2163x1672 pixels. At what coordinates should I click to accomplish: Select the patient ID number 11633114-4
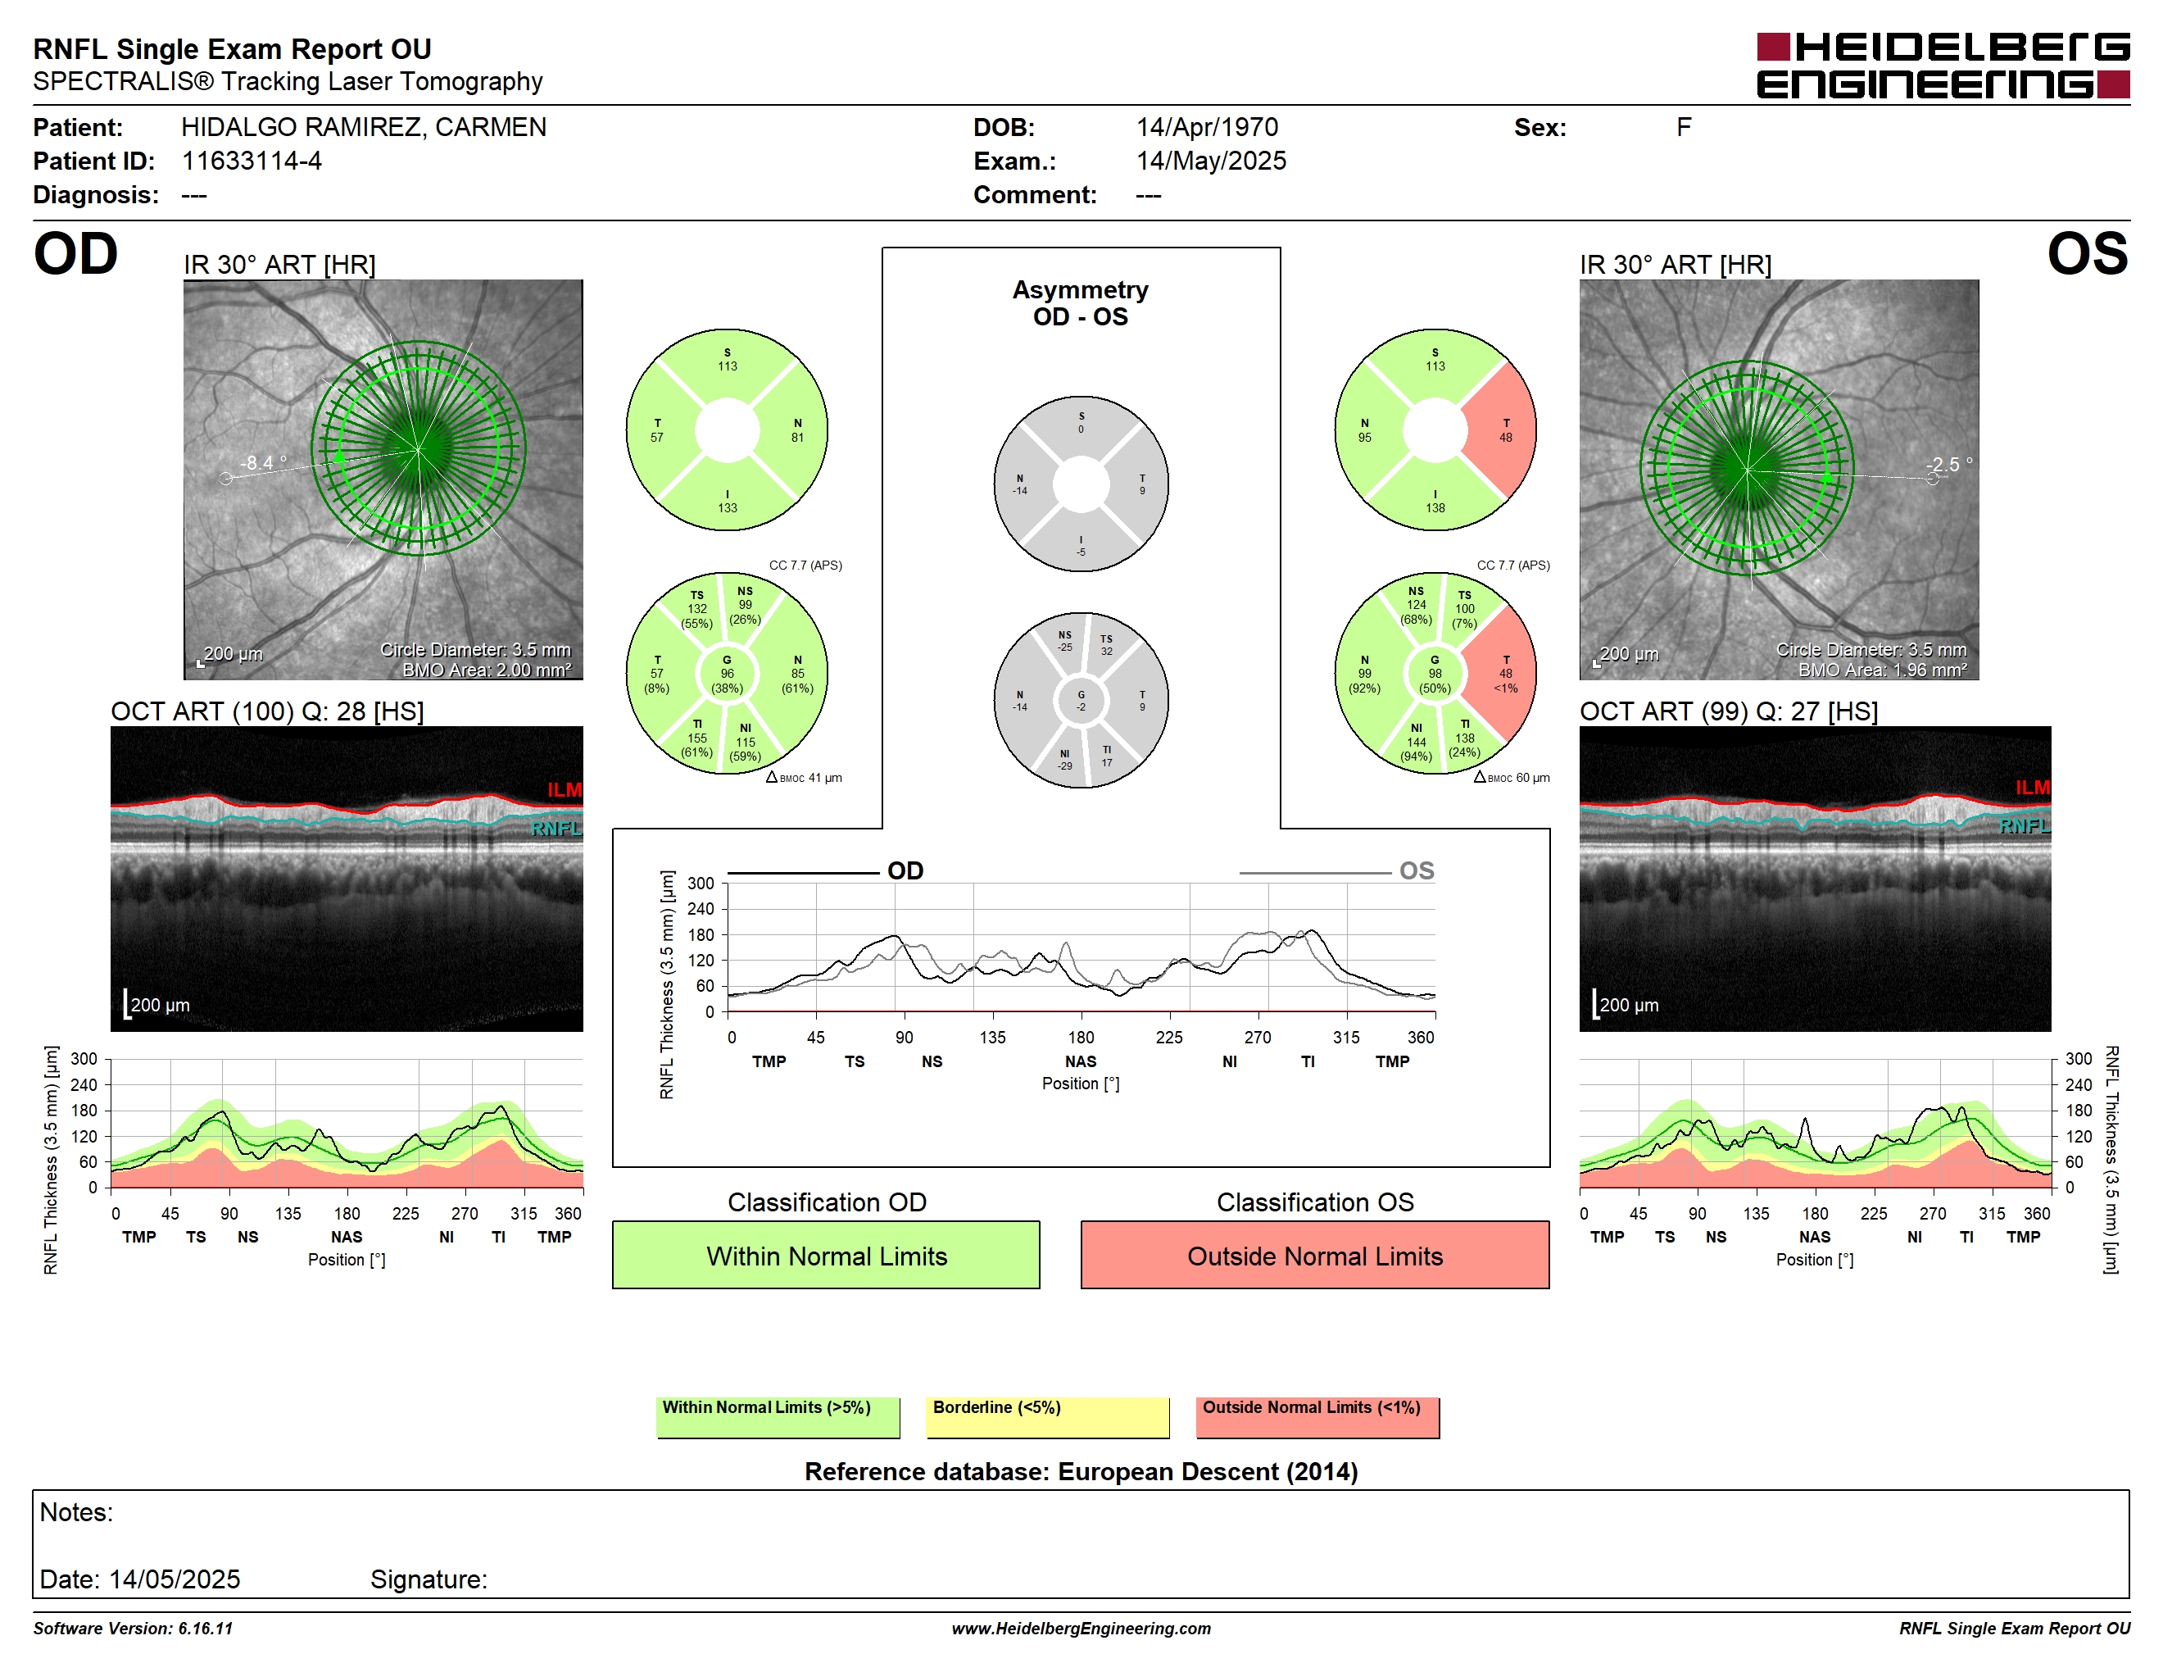pyautogui.click(x=252, y=161)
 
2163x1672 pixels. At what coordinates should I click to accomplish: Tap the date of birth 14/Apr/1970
pyautogui.click(x=1206, y=127)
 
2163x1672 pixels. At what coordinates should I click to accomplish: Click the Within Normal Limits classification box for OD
pyautogui.click(x=826, y=1255)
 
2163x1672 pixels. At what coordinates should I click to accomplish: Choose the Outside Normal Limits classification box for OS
pyautogui.click(x=1314, y=1255)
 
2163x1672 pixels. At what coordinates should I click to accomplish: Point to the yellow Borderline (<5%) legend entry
pyautogui.click(x=1047, y=1416)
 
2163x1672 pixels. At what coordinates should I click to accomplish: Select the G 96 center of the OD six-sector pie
pyautogui.click(x=727, y=674)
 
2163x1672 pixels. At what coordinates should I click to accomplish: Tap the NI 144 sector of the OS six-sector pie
pyautogui.click(x=1417, y=742)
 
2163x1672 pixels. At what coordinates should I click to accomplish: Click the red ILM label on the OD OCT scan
pyautogui.click(x=565, y=789)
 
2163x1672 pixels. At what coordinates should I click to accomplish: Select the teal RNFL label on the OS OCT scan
pyautogui.click(x=2025, y=826)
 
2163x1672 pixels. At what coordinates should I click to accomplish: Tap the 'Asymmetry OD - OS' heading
pyautogui.click(x=1081, y=303)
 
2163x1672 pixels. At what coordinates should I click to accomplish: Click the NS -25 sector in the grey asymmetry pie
pyautogui.click(x=1064, y=641)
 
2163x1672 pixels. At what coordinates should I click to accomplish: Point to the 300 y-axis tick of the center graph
pyautogui.click(x=701, y=884)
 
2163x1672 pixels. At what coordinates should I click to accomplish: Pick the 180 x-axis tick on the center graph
pyautogui.click(x=1081, y=1037)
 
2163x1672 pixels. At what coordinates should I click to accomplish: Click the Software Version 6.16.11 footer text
pyautogui.click(x=133, y=1629)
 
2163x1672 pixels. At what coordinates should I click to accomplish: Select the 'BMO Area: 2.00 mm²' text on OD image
pyautogui.click(x=487, y=670)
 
